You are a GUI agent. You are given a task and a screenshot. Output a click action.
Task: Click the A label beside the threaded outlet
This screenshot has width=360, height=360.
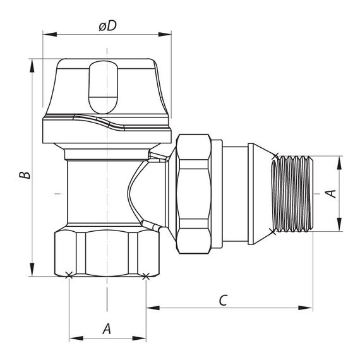(x=330, y=193)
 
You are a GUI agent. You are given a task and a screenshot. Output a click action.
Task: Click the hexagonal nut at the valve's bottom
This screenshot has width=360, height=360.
(x=107, y=253)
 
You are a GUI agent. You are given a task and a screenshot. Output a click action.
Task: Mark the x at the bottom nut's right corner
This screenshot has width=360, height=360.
(x=146, y=275)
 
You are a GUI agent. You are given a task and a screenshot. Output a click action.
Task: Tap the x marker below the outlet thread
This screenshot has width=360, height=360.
(x=274, y=231)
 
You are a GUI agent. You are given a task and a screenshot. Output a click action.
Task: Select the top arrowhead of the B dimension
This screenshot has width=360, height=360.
(x=30, y=64)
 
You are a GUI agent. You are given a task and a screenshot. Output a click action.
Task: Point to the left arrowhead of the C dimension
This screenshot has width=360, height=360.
(x=150, y=308)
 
